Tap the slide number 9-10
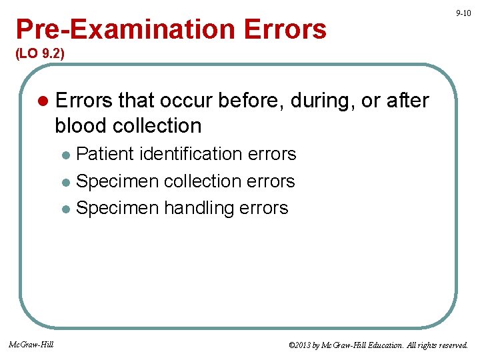463,13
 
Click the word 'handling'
199,208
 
